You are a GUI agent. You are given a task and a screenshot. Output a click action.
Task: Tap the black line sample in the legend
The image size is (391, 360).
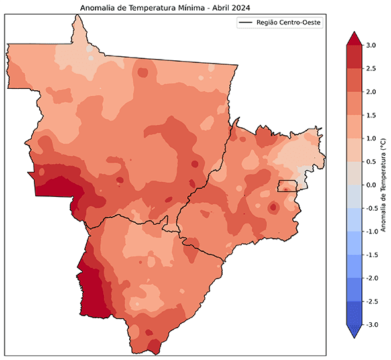tap(247, 23)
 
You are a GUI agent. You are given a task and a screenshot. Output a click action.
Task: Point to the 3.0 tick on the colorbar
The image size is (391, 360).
tap(370, 45)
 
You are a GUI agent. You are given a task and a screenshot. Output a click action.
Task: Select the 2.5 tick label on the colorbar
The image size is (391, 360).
tap(370, 68)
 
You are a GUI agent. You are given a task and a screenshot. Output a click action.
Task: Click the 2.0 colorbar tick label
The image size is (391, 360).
tap(370, 91)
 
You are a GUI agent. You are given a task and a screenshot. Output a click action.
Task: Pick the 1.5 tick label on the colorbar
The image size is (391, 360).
tap(370, 115)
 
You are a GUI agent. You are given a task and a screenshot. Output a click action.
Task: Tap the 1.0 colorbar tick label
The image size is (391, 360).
tap(370, 138)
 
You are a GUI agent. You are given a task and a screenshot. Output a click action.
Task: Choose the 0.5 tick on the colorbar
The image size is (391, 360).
tap(370, 161)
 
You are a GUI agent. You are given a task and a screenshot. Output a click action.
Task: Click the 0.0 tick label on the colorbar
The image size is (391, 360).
tap(370, 184)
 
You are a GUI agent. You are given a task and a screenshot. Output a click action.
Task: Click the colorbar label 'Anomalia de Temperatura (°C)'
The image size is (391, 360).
tap(384, 184)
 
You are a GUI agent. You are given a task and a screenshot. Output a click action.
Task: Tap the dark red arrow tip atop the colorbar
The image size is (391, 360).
tap(353, 37)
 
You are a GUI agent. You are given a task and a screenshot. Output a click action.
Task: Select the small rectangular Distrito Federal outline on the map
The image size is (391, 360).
tap(287, 186)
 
